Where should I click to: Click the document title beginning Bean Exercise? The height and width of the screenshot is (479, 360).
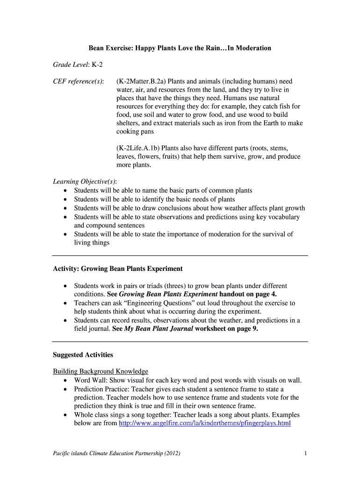(180, 48)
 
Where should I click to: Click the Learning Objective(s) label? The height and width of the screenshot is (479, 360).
(85, 181)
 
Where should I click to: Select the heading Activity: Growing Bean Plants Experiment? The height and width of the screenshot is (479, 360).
(118, 269)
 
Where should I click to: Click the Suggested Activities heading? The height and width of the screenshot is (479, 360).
(83, 355)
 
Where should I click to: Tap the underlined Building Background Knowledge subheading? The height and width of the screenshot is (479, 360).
(101, 371)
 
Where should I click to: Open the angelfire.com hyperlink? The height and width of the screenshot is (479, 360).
(205, 423)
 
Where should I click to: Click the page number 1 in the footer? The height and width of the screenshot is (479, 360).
(305, 453)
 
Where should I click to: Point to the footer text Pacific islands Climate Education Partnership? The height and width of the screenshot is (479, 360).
(116, 453)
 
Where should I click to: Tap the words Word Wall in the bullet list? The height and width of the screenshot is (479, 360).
(89, 380)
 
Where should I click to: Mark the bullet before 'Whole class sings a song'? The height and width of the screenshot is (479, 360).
(65, 415)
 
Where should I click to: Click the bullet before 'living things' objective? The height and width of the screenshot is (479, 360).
(65, 234)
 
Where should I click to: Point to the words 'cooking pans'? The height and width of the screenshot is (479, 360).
(134, 131)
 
